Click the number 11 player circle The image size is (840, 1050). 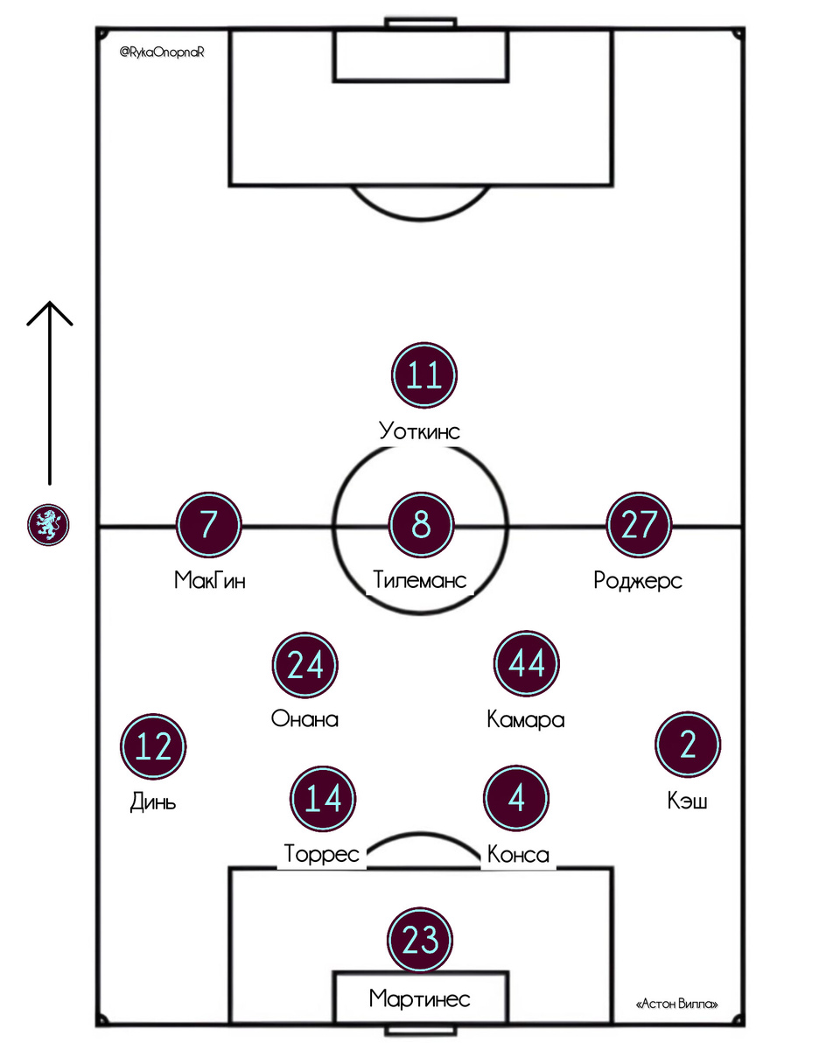pos(424,376)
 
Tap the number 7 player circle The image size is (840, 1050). pos(208,525)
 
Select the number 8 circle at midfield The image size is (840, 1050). pos(422,525)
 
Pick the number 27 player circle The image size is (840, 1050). pos(639,525)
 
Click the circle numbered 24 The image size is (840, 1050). pos(305,665)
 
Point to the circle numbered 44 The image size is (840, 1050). pos(527,665)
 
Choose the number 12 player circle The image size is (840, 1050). pos(154,747)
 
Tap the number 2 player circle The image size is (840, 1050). pos(687,745)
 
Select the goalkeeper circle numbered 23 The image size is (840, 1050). pos(419,940)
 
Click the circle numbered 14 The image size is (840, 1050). pos(322,799)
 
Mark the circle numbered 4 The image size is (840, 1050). pos(516,799)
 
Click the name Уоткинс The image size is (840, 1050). pos(420,430)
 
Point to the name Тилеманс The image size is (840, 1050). pos(420,580)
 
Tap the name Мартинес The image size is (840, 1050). pos(420,998)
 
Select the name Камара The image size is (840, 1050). pos(526,720)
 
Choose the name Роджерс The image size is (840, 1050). pos(638,580)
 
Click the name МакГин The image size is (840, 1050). pos(210,580)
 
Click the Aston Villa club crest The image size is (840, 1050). pos(49,525)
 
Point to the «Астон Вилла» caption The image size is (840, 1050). pos(678,1005)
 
